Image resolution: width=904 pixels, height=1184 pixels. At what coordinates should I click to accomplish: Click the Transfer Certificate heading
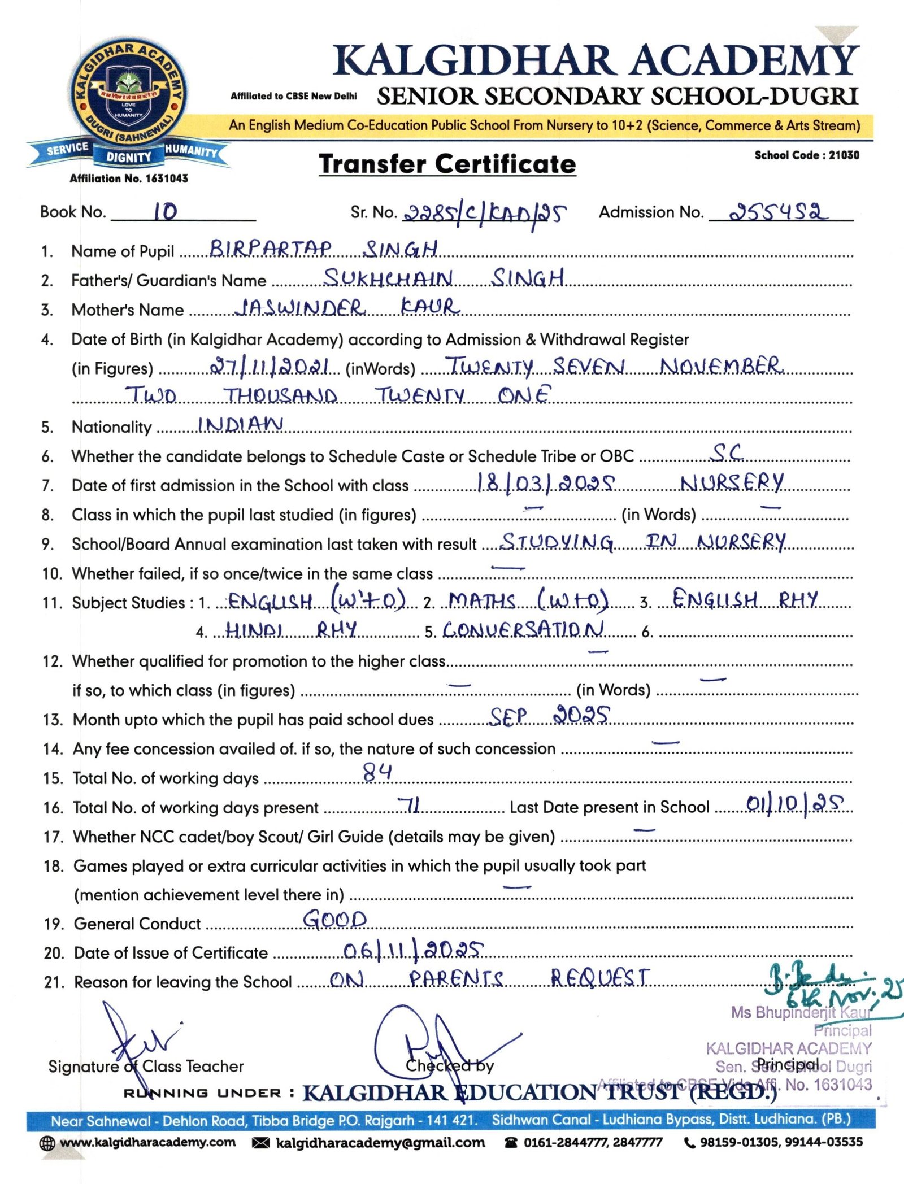[x=447, y=164]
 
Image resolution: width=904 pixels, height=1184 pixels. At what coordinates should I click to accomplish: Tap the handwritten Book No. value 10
[x=166, y=212]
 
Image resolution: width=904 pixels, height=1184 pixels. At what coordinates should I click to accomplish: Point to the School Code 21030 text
[x=806, y=155]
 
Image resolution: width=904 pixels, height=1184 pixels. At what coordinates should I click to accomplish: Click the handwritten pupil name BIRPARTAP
[x=271, y=249]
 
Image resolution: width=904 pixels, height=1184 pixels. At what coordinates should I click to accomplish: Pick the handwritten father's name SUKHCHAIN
[x=388, y=278]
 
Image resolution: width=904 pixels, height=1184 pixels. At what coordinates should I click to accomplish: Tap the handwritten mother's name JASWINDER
[x=300, y=307]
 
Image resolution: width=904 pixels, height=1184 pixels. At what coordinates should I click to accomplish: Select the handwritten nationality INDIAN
[x=241, y=424]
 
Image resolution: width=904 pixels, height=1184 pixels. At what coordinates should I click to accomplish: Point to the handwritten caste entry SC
[x=727, y=452]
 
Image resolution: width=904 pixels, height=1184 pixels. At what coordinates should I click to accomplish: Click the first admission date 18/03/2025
[x=545, y=483]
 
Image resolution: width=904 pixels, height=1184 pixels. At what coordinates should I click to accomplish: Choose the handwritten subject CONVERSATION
[x=523, y=629]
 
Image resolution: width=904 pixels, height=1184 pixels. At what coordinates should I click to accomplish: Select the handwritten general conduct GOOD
[x=335, y=920]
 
